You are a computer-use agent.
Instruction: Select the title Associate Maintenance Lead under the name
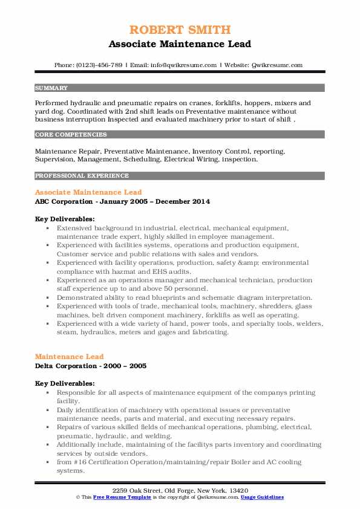[180, 44]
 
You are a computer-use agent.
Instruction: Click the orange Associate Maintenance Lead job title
[88, 192]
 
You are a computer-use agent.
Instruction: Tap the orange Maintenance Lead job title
[69, 357]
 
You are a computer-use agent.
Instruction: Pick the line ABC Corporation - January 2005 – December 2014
[122, 201]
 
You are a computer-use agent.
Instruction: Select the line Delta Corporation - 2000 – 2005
[91, 365]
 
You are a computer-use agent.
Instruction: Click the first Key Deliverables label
[64, 218]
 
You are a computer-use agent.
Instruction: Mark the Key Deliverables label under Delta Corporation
[64, 383]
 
